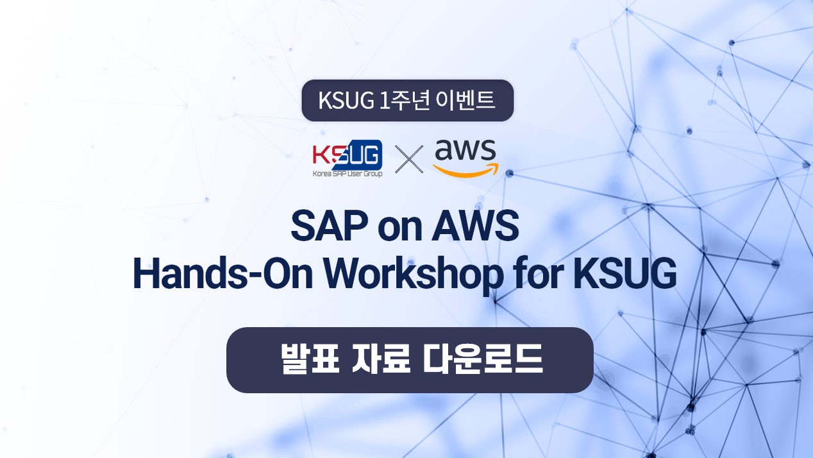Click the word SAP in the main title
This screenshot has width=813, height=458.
[x=330, y=226]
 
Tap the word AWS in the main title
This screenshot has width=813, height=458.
[x=475, y=226]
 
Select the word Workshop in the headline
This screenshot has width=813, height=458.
[x=414, y=273]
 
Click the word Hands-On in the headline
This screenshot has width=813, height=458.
[x=222, y=273]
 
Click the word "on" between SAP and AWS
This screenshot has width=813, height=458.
[x=399, y=230]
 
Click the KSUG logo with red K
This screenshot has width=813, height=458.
[x=348, y=158]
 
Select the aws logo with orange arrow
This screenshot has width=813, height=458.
[x=465, y=158]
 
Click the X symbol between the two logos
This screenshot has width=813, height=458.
[x=409, y=160]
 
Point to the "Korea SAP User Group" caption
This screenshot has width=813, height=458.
[x=348, y=174]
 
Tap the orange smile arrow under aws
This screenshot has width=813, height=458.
[x=466, y=171]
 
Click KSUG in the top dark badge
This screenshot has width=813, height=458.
[x=346, y=100]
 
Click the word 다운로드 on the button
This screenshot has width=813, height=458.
[x=483, y=359]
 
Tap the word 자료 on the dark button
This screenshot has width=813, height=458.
[x=381, y=359]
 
